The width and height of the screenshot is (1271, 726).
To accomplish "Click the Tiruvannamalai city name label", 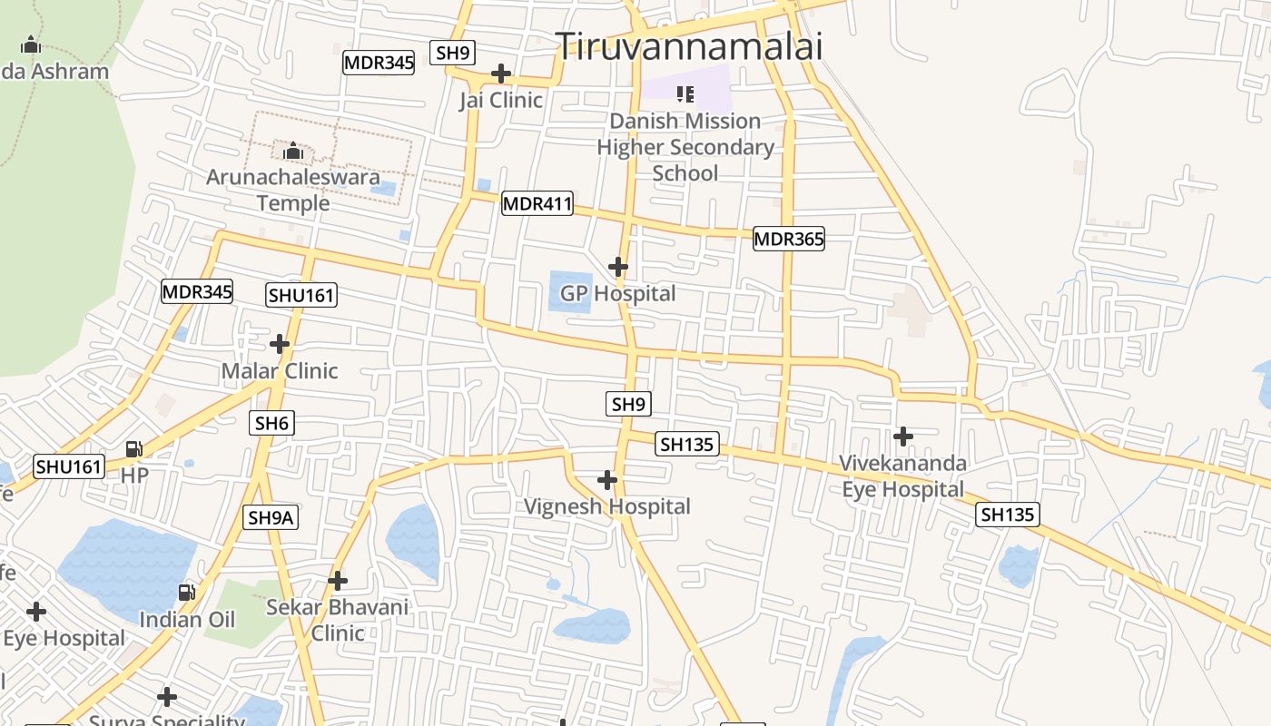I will pos(689,46).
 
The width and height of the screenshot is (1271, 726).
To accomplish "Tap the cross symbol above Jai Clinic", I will pos(500,73).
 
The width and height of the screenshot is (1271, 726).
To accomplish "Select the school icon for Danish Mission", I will pos(685,93).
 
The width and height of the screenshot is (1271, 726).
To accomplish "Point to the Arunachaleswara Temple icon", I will pos(292,151).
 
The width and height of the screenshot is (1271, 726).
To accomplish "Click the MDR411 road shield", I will pos(537,204).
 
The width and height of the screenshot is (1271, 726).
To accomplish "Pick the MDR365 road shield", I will pos(788,240).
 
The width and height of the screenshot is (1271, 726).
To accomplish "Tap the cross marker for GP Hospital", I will pos(617,267).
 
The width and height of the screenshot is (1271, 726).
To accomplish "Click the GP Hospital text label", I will pos(617,293).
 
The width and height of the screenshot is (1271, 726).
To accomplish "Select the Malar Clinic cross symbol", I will pos(280,344).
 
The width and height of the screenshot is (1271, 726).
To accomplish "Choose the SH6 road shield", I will pos(272,423).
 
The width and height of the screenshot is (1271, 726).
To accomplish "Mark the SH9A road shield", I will pos(271,518).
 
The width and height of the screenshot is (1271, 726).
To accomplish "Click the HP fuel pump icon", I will pos(133,449).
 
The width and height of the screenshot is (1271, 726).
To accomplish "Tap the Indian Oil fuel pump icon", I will pos(186,593).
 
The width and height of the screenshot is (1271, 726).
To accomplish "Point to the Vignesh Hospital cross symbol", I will pos(607,479).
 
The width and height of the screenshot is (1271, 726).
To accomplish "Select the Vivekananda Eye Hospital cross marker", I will pos(902,437).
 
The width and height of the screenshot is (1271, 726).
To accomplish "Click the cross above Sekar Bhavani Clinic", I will pos(338,581).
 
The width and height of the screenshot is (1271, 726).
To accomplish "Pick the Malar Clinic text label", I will pos(280,370).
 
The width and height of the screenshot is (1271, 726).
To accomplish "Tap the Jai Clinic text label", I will pos(500,100).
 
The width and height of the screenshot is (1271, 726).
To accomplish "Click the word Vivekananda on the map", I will pos(902,463).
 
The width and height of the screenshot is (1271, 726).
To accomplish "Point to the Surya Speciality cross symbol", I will pos(166,697).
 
